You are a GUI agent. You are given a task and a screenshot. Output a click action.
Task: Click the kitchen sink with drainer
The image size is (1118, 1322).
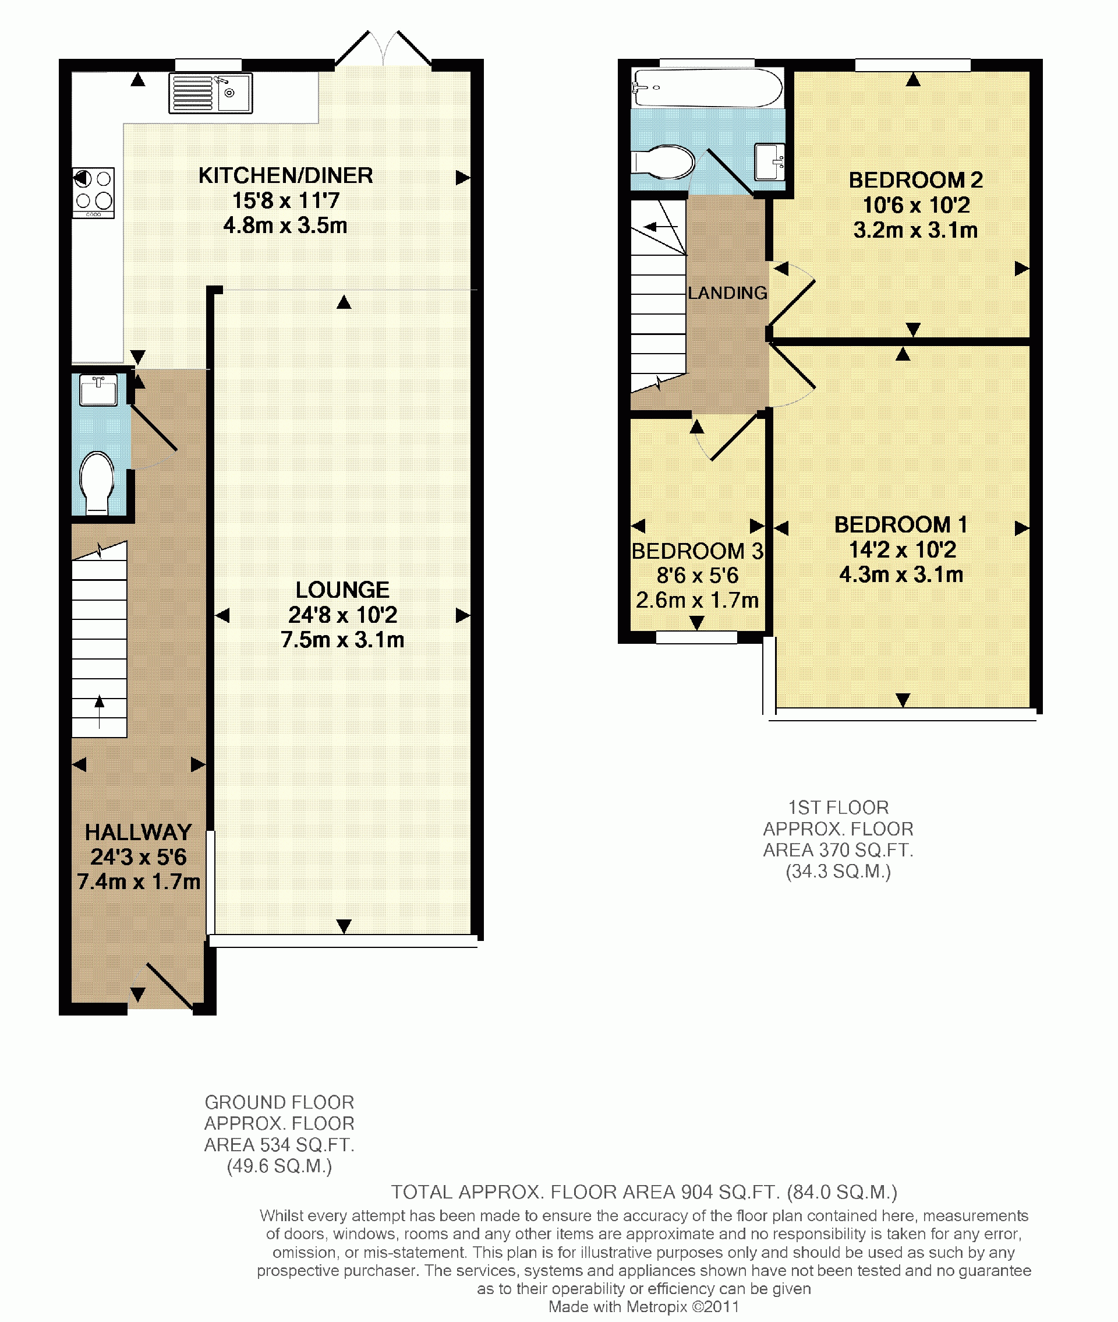210,93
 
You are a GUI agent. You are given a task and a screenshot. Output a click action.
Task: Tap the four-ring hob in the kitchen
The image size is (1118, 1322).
93,193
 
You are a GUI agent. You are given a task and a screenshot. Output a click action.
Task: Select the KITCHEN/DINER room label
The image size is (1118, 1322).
285,175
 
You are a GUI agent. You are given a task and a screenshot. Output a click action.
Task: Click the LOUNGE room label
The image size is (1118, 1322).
342,590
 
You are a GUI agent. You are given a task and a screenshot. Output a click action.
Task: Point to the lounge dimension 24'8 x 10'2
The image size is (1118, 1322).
342,615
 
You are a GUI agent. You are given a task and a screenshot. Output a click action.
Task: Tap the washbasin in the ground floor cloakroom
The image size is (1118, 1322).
98,390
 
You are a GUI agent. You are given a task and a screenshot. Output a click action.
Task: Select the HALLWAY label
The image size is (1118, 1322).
138,832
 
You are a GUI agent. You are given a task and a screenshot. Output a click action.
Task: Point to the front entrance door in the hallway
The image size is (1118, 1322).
170,986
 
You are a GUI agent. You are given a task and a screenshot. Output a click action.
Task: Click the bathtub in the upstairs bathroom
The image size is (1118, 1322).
707,87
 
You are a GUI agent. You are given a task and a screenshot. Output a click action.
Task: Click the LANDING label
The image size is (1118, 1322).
728,293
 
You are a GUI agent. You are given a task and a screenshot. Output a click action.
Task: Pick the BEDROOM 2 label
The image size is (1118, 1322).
916,180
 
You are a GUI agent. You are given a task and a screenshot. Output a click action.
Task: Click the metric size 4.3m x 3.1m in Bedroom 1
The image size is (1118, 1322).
901,574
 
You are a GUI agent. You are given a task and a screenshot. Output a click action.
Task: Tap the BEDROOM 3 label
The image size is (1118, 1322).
697,551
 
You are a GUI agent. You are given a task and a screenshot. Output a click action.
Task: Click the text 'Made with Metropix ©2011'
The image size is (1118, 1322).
644,1306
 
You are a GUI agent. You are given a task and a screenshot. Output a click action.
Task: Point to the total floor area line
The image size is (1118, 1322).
644,1192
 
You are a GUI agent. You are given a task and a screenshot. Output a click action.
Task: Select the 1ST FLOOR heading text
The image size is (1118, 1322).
838,807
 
